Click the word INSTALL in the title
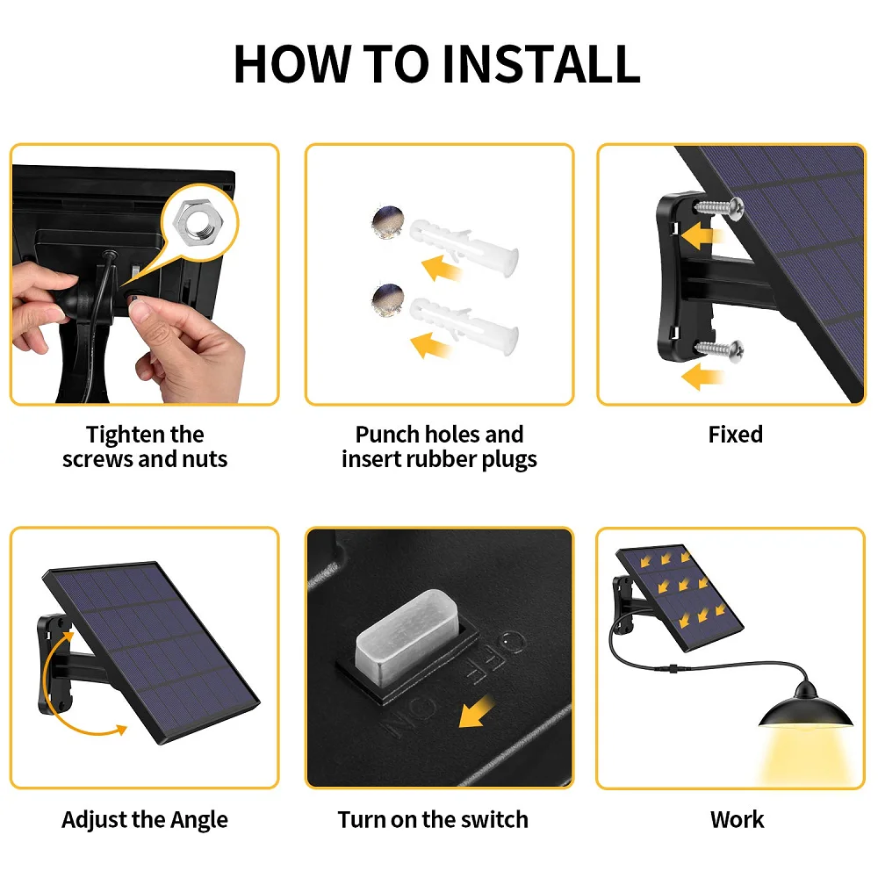coord(541,64)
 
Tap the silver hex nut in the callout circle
coord(197,223)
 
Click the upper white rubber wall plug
coord(464,245)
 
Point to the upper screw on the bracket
coord(719,207)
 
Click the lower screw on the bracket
coord(719,349)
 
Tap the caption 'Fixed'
coord(735,435)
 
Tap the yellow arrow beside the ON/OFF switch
coord(476,712)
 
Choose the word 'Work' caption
coord(737,820)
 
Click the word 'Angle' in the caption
coord(198,820)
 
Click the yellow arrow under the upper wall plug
coord(442,268)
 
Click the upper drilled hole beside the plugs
coord(388,222)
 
